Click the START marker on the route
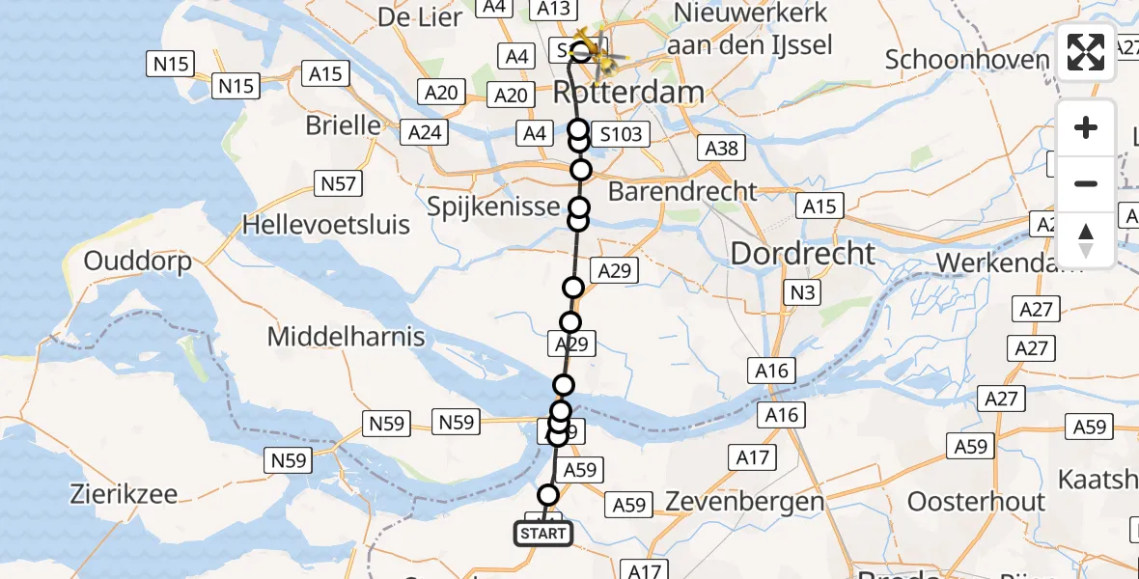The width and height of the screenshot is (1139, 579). tap(542, 533)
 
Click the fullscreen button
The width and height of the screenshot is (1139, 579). tap(1086, 52)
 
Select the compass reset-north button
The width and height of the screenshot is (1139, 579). tap(1086, 240)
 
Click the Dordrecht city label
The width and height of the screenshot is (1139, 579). tap(803, 254)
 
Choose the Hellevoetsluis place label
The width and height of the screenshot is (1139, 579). tap(326, 225)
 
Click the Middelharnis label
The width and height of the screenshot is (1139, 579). tap(347, 337)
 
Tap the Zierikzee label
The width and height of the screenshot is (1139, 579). tap(124, 494)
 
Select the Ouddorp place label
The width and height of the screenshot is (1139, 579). tap(137, 261)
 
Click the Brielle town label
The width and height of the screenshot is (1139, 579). tap(343, 125)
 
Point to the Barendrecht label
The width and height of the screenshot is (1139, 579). tap(683, 191)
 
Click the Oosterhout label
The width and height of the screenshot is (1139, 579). tap(976, 502)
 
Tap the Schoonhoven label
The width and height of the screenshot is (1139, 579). tap(966, 60)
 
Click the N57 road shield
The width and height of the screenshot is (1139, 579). tap(338, 183)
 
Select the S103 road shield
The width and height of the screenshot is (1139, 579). tap(621, 134)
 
